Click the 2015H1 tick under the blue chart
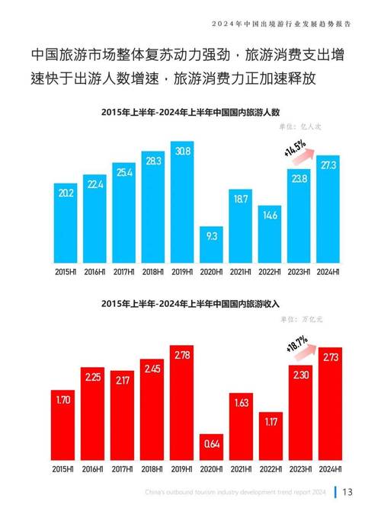coord(65,271)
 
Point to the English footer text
coord(232,491)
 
